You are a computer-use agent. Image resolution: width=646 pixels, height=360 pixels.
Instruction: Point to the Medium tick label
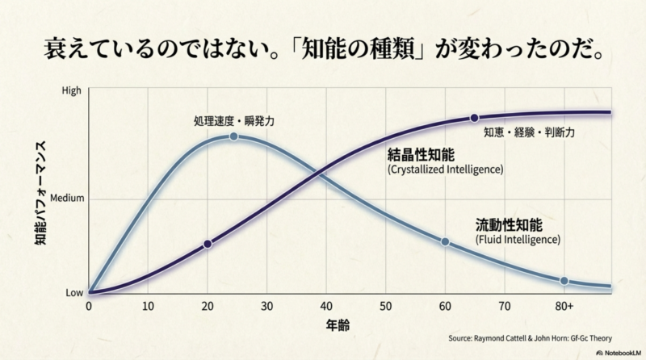[x=65, y=198]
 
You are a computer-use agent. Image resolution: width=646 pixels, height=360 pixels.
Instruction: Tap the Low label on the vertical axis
[x=73, y=292]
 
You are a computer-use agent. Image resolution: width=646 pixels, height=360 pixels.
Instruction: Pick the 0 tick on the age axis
[x=89, y=307]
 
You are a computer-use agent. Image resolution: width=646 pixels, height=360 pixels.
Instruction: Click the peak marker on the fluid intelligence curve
[x=233, y=136]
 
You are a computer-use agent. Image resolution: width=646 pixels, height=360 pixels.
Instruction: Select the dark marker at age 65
[x=475, y=118]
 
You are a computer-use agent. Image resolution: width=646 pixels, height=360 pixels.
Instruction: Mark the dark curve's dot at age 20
[x=208, y=244]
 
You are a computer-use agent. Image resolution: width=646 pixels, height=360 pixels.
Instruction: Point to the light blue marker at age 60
[x=445, y=241]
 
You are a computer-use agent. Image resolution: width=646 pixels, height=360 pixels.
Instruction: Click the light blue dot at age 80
[x=564, y=281]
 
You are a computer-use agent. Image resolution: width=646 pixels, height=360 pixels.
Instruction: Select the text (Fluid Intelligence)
[x=518, y=240]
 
